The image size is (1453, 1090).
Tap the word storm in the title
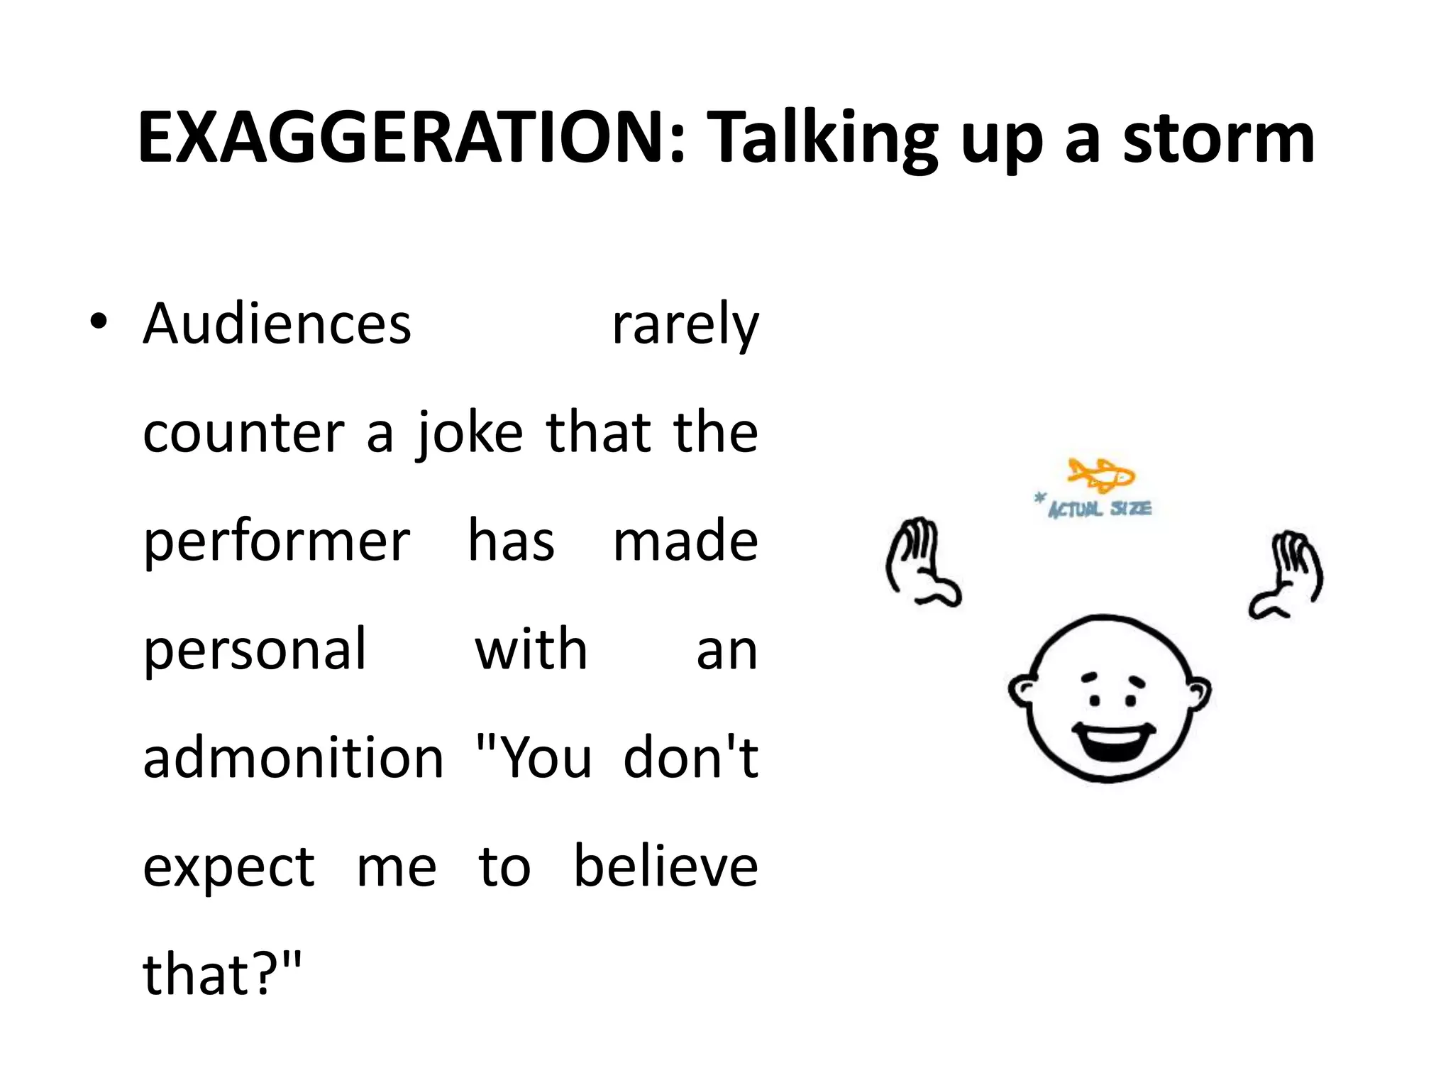click(x=1218, y=138)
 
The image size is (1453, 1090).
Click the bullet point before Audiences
click(x=99, y=323)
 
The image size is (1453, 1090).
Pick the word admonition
click(x=293, y=758)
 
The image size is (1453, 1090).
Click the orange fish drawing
click(x=1100, y=475)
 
